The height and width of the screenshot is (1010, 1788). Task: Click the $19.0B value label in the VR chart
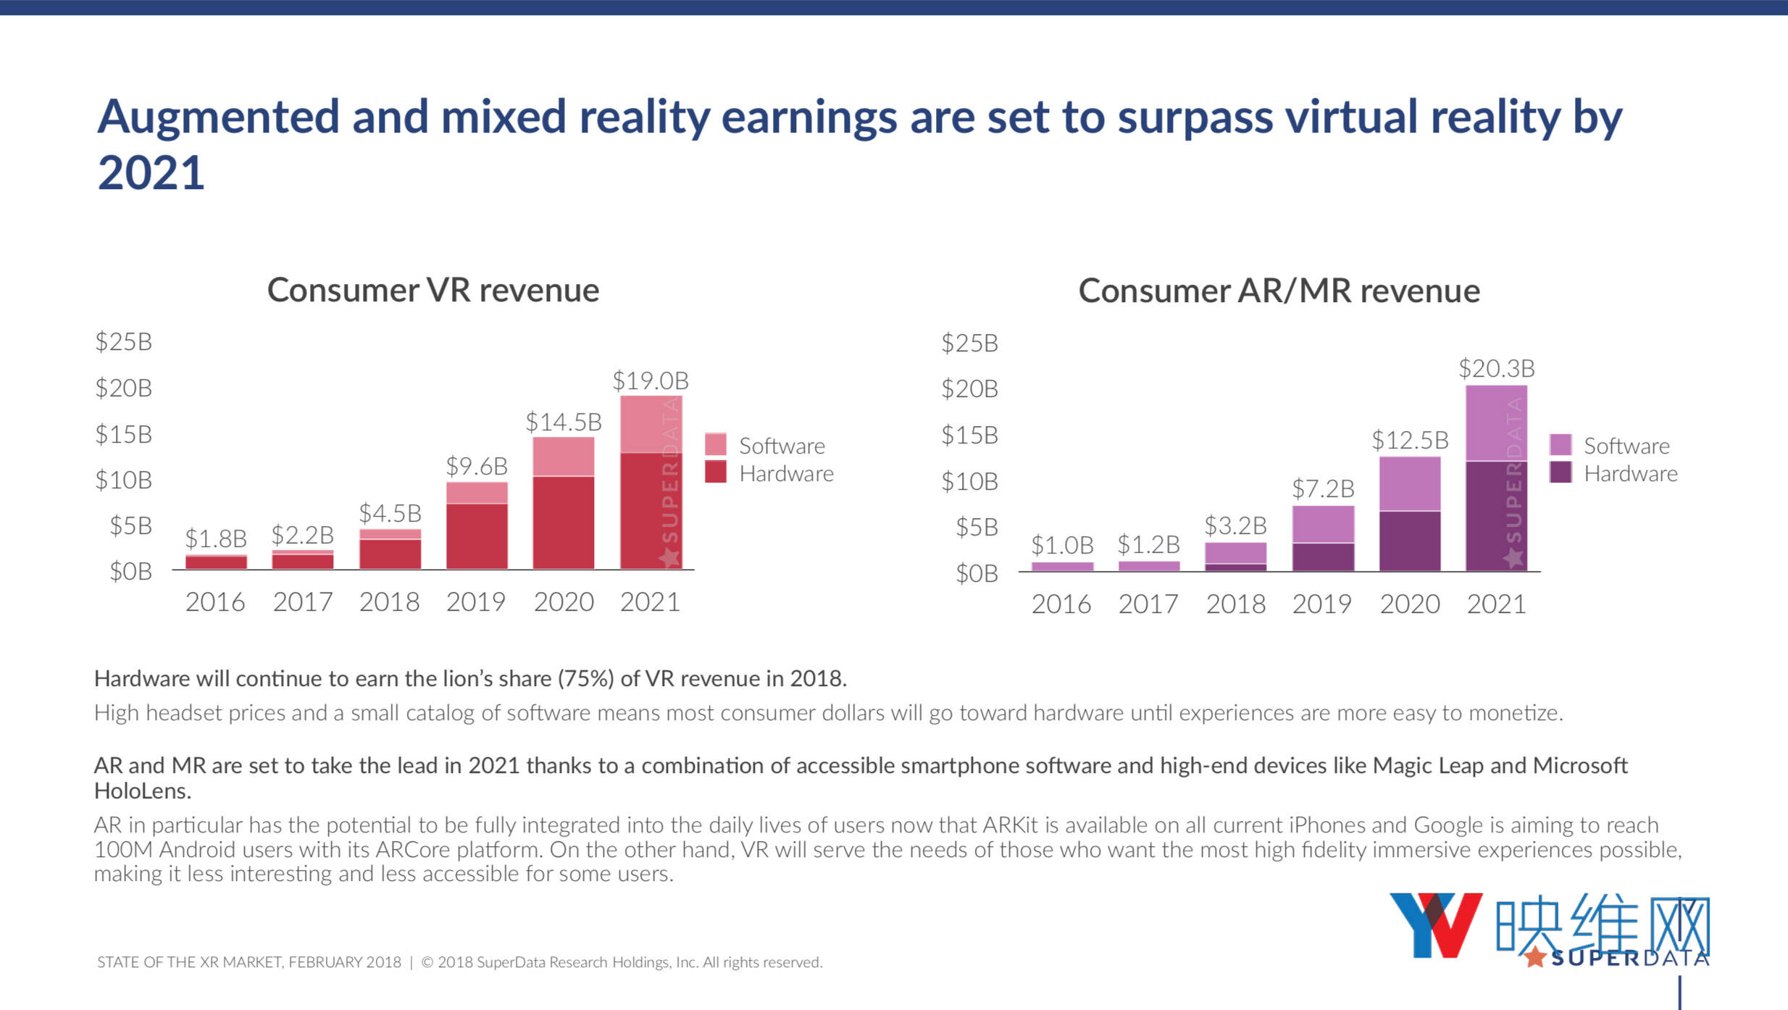pyautogui.click(x=650, y=380)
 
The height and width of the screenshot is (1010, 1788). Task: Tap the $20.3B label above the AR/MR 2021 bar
pyautogui.click(x=1496, y=368)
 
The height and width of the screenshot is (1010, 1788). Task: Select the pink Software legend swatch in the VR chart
pyautogui.click(x=716, y=444)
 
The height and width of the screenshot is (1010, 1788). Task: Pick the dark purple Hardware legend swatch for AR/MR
pyautogui.click(x=1561, y=472)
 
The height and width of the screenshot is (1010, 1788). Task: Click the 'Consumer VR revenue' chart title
pyautogui.click(x=433, y=290)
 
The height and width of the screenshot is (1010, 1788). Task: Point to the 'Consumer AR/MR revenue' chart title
pyautogui.click(x=1279, y=291)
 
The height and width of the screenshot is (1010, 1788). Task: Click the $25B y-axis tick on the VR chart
pyautogui.click(x=123, y=341)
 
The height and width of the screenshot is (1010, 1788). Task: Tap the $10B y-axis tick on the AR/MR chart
pyautogui.click(x=969, y=481)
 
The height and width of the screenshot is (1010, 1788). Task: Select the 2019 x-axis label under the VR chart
pyautogui.click(x=475, y=601)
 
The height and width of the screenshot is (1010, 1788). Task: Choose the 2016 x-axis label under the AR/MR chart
pyautogui.click(x=1061, y=604)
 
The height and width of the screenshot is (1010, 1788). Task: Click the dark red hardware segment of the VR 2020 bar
pyautogui.click(x=564, y=522)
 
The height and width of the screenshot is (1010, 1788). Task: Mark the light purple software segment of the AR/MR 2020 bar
pyautogui.click(x=1410, y=483)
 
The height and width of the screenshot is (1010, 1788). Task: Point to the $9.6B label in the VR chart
pyautogui.click(x=476, y=466)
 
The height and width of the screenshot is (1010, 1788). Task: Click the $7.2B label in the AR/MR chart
pyautogui.click(x=1323, y=488)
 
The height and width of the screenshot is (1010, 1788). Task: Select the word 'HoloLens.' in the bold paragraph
pyautogui.click(x=143, y=790)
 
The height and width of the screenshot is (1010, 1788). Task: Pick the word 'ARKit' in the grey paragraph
pyautogui.click(x=1010, y=825)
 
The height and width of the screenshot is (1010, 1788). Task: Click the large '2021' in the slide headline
pyautogui.click(x=151, y=172)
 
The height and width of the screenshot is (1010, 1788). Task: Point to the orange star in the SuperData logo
pyautogui.click(x=1534, y=957)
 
